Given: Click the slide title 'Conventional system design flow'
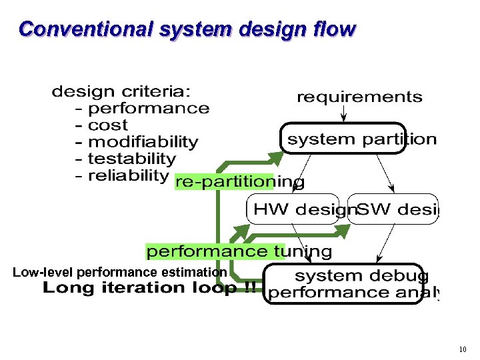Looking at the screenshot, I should [187, 30].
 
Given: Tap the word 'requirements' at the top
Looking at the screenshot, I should [359, 97].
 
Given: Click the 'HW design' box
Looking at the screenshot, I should [293, 209].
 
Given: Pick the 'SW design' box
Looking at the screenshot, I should [394, 209].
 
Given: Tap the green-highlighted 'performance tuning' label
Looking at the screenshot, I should [239, 251].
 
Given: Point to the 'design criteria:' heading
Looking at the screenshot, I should [120, 91].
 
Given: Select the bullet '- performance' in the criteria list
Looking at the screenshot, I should [143, 108].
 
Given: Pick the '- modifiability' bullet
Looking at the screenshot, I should [137, 142].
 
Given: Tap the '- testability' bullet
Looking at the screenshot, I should [126, 159].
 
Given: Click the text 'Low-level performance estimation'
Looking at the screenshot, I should [120, 272].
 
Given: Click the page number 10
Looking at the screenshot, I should [463, 349].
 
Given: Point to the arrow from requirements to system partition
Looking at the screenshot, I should [343, 115].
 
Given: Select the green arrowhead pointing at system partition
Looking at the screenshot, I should [277, 157].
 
